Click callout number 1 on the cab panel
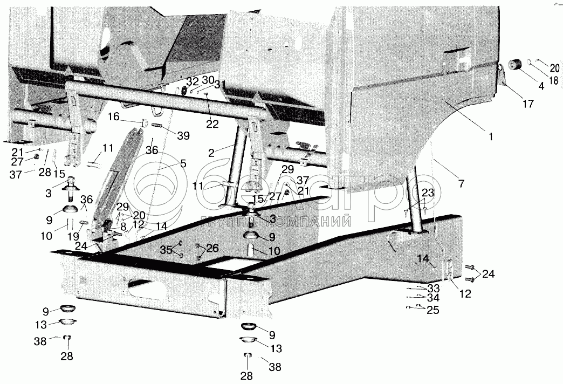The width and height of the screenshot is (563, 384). point(491,136)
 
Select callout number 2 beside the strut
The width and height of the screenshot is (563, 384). point(212,153)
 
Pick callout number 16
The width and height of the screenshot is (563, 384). point(113,116)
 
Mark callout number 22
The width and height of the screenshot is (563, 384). point(212,124)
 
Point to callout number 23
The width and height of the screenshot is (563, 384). point(428,192)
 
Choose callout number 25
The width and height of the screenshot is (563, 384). point(432,310)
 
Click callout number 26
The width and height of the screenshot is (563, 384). point(212,248)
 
